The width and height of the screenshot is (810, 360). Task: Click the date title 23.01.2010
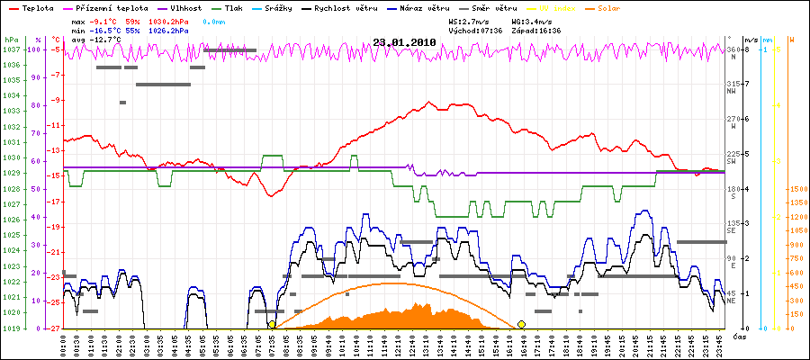pos(404,41)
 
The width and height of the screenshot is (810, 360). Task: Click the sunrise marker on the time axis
pos(272,324)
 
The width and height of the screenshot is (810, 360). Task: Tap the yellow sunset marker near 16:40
pos(521,324)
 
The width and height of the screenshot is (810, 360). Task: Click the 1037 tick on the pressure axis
pos(11,49)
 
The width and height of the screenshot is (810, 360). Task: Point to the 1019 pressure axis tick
pos(11,328)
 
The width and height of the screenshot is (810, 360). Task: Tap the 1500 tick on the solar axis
pos(796,189)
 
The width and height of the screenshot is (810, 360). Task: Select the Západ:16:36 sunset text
pos(536,30)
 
